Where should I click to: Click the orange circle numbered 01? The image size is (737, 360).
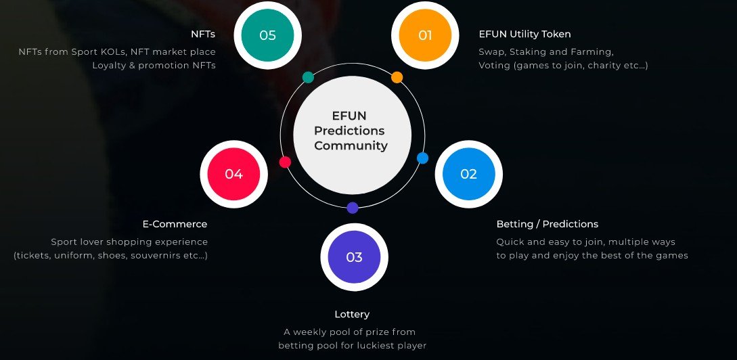[425, 35]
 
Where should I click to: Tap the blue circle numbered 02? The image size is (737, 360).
[468, 174]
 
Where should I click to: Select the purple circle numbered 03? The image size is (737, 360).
[354, 257]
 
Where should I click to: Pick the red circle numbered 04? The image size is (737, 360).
[233, 174]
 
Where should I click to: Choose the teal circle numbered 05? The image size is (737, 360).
[267, 35]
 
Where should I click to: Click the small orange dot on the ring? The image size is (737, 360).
[397, 77]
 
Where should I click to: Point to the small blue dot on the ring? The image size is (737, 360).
[422, 158]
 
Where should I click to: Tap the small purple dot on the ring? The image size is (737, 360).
[353, 208]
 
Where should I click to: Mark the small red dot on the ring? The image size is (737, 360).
[285, 162]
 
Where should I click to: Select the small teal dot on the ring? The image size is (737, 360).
[308, 77]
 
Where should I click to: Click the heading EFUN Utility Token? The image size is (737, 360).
[524, 34]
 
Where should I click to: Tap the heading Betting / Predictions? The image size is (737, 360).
[547, 224]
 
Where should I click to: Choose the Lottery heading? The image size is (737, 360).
[352, 314]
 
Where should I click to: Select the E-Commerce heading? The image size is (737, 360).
[175, 224]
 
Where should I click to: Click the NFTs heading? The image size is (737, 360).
[203, 34]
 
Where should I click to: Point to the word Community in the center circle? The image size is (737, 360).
[351, 145]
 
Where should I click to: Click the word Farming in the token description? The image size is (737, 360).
[592, 51]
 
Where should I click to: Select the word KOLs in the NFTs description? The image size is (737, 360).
[112, 51]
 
